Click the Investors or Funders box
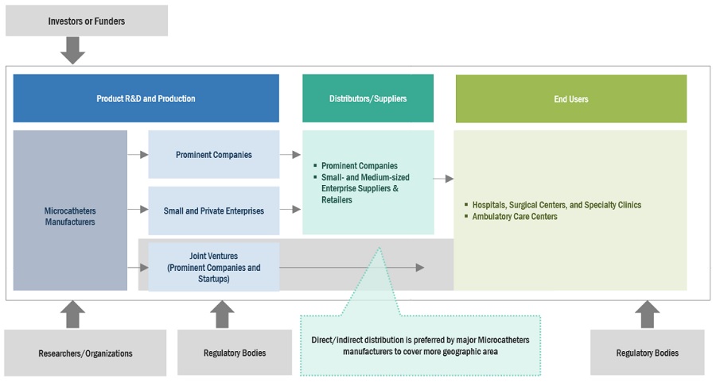87,20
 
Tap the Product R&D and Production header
146,98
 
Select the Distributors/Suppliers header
368,98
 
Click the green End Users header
570,99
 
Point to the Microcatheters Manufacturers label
70,217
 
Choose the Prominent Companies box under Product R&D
214,155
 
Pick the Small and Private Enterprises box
214,210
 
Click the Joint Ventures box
214,268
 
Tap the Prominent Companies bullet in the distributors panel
359,166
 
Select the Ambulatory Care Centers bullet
515,216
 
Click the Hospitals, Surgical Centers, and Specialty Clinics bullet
557,205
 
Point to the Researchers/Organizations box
86,353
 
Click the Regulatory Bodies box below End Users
647,353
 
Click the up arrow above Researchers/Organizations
73,314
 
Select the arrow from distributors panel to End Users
443,179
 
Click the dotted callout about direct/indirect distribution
420,345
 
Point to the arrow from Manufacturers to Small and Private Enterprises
138,210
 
